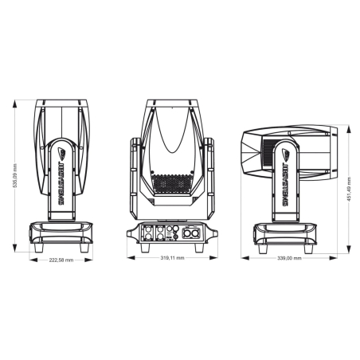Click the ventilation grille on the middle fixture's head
tap(172, 184)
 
